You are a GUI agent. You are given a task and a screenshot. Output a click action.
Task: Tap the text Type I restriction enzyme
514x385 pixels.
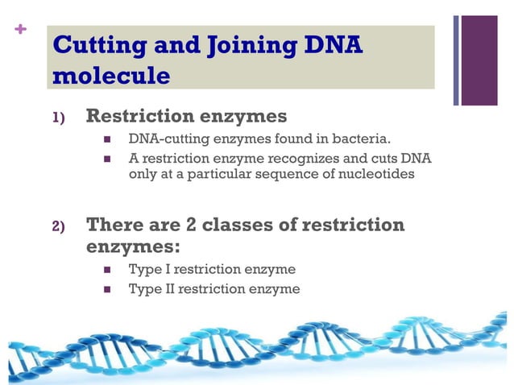click(x=212, y=269)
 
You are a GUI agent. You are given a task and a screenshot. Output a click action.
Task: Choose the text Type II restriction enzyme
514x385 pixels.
click(x=214, y=288)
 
